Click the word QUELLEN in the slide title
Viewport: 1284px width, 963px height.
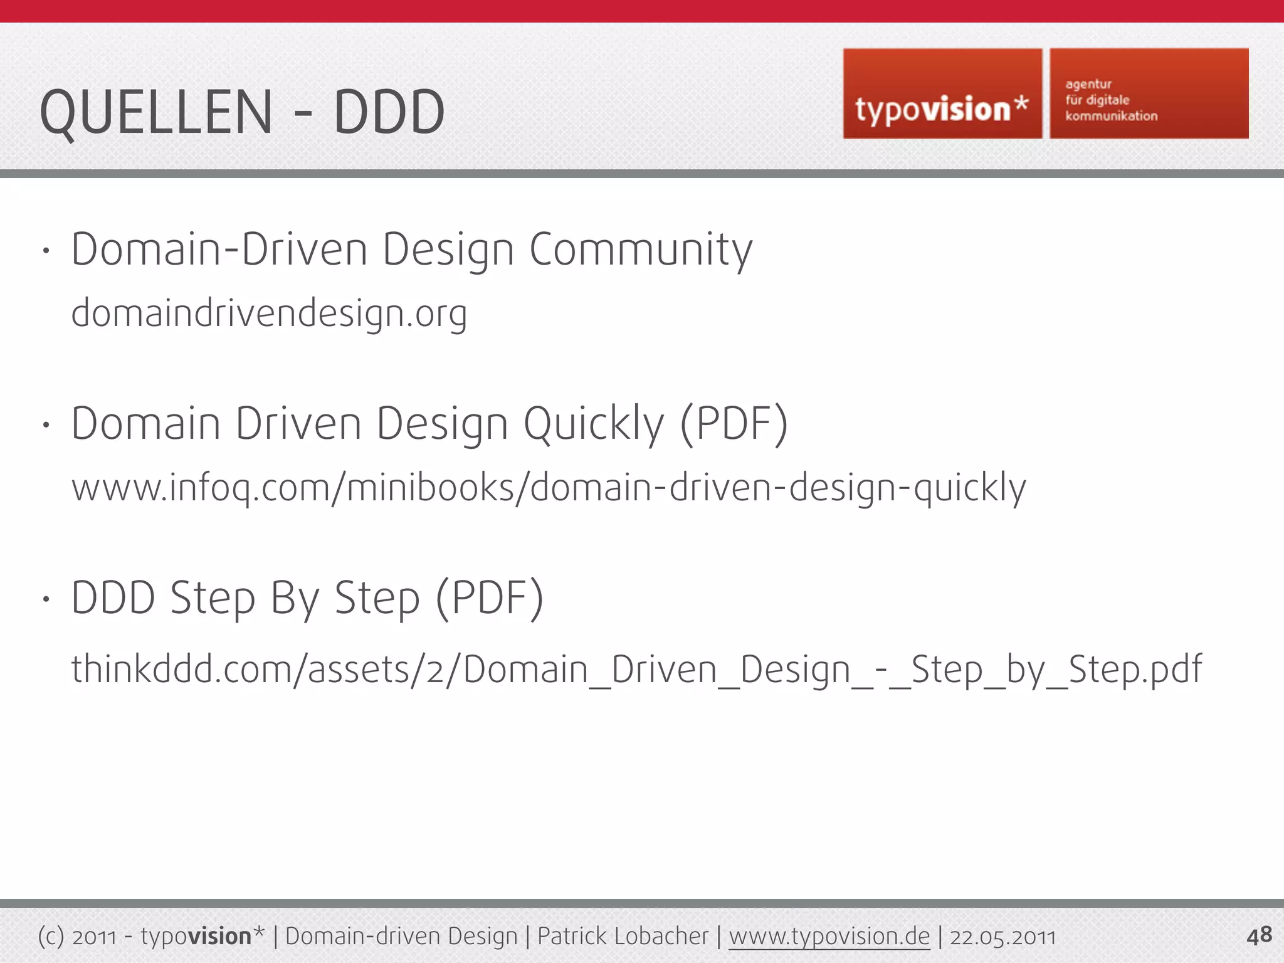156,112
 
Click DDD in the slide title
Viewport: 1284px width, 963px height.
389,112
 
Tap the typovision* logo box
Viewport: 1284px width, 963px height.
942,94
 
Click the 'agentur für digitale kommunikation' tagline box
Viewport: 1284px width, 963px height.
1149,94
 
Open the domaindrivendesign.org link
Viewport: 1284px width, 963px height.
269,313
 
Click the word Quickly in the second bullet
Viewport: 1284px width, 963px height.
593,424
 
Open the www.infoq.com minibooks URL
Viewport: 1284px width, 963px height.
549,488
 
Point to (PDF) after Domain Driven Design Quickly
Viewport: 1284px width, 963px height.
734,424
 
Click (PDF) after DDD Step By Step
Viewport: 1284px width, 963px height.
489,599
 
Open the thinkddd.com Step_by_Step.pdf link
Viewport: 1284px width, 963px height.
636,669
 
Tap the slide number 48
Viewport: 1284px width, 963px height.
1259,935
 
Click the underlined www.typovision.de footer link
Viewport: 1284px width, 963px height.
829,937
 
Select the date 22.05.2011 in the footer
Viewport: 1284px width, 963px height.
1002,937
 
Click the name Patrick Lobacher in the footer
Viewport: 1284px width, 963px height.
623,937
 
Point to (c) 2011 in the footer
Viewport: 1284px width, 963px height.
77,937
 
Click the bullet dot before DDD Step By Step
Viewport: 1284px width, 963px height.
46,599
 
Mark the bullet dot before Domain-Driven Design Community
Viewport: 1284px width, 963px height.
46,251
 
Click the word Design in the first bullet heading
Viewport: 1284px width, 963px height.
448,250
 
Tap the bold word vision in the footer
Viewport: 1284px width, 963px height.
219,937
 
